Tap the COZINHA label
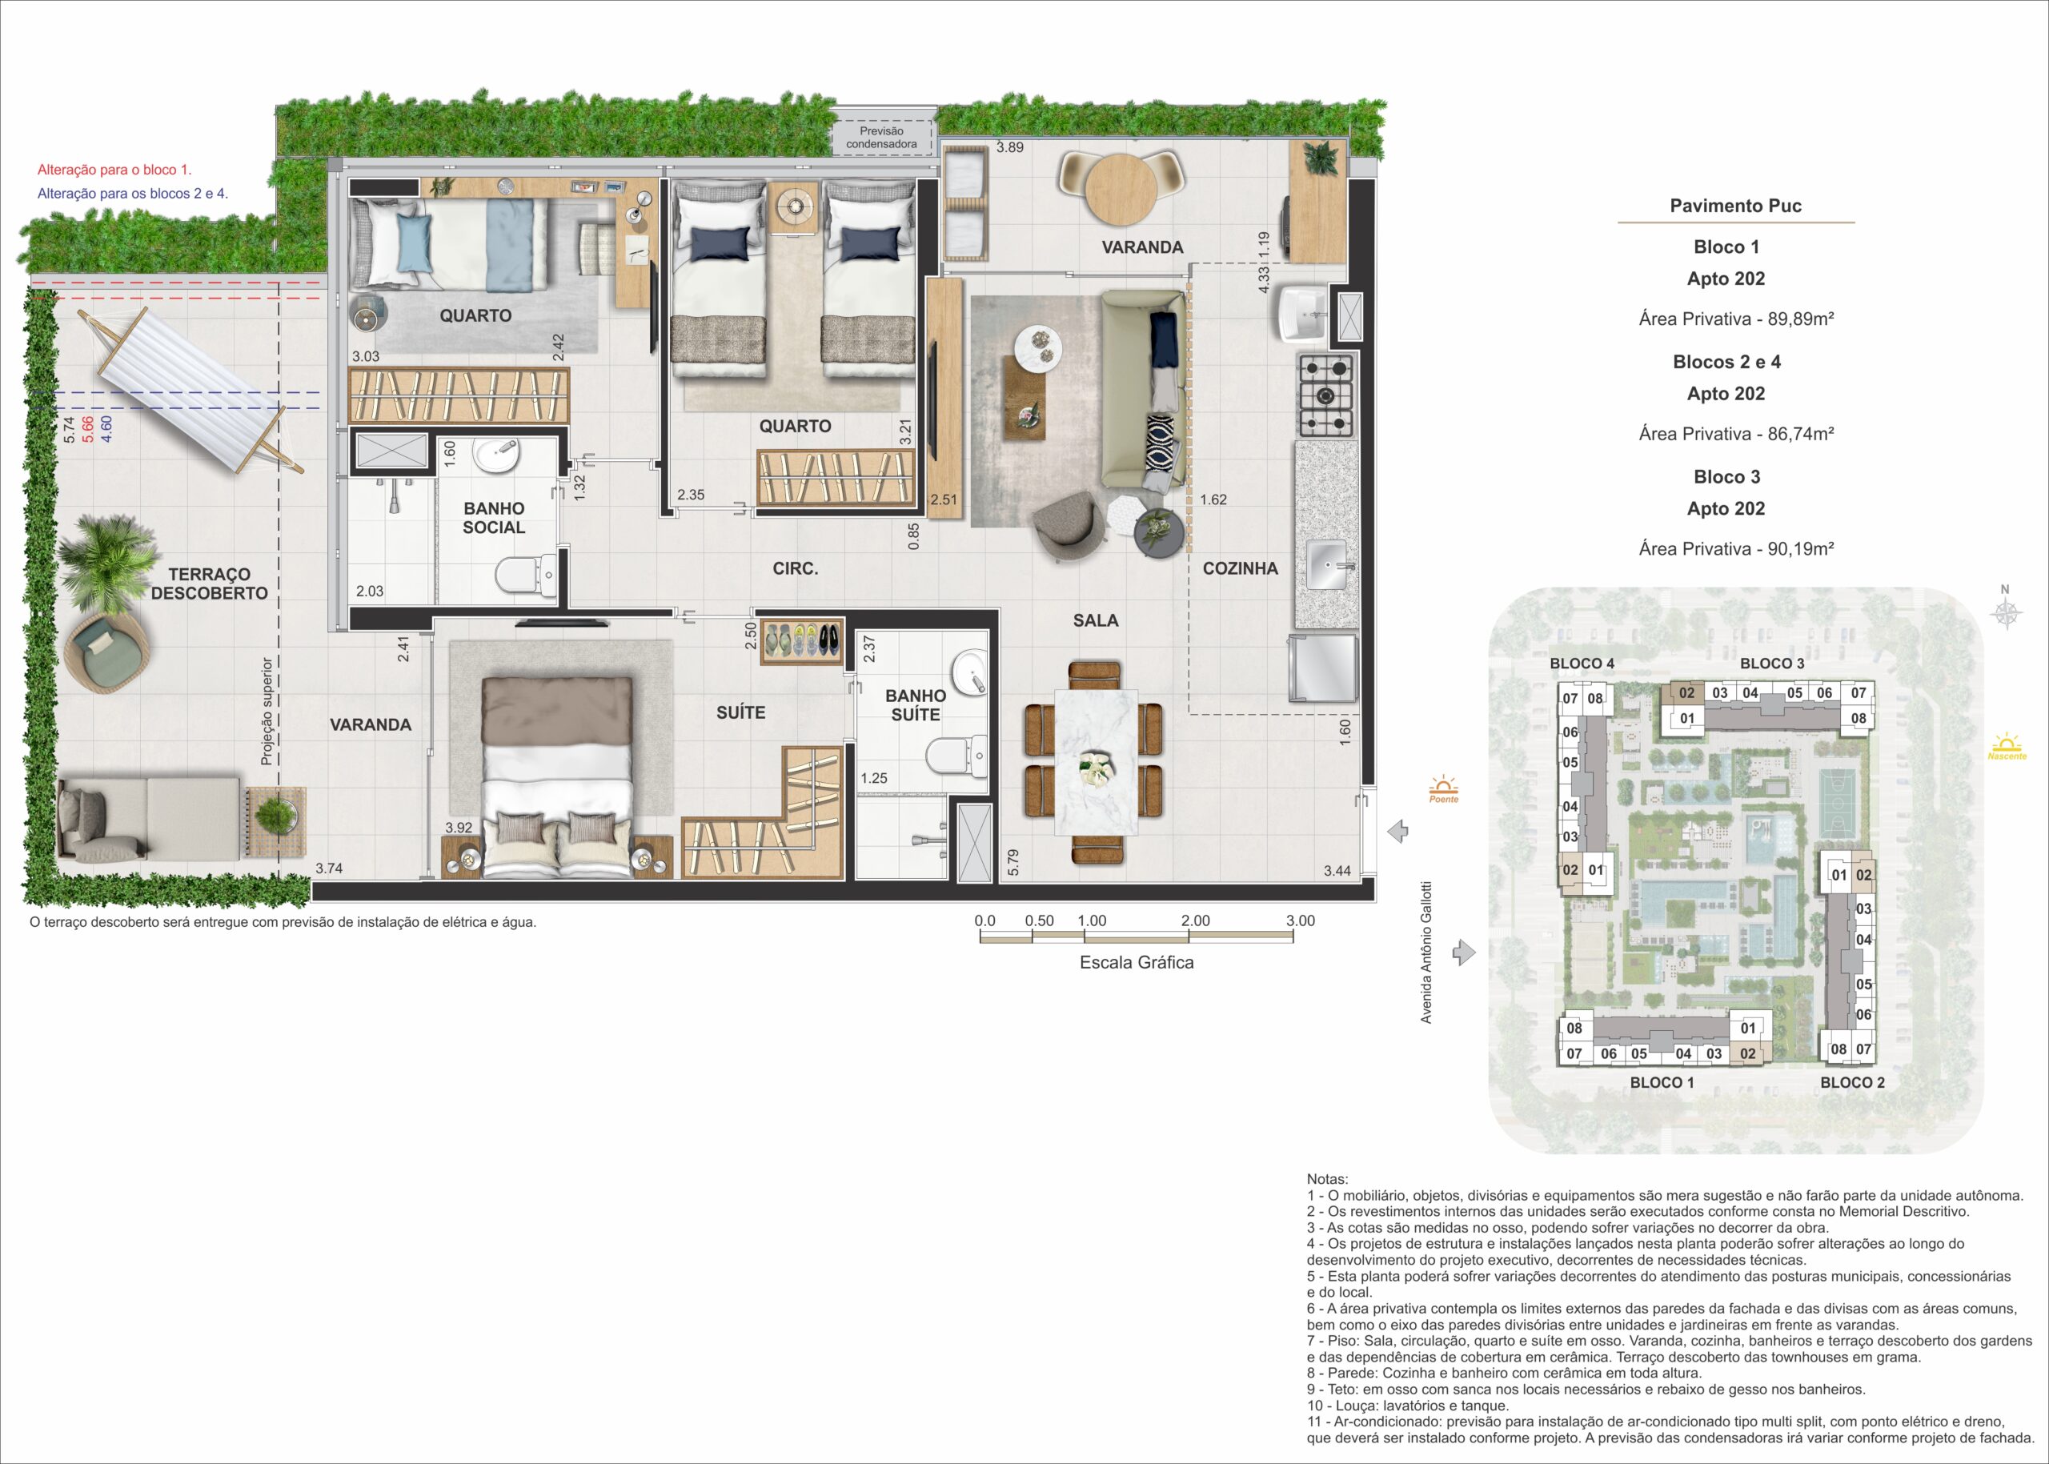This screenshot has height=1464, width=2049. (1240, 569)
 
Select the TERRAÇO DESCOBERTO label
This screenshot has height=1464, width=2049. (209, 584)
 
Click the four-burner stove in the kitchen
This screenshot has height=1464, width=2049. (1325, 395)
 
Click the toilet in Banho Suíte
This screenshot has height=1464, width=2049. (956, 756)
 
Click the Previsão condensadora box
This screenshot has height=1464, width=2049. (881, 138)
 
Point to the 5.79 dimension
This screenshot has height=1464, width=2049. (1013, 863)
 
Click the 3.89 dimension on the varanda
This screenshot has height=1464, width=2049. (1009, 148)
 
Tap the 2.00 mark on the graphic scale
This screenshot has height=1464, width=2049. (1195, 921)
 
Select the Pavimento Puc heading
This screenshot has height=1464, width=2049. (1735, 206)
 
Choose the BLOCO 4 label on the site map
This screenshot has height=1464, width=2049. (1582, 664)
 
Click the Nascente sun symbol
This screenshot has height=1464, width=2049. (2007, 747)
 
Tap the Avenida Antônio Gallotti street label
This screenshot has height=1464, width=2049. (1426, 952)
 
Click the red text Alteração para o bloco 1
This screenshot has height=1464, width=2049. (114, 170)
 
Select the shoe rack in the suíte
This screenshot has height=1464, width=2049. (802, 641)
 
